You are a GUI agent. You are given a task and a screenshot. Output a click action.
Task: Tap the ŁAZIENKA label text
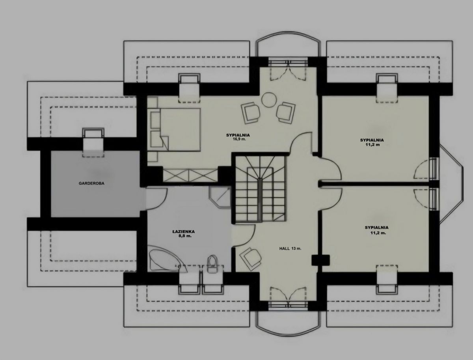(183, 232)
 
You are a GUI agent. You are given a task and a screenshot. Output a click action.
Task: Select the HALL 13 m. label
(290, 248)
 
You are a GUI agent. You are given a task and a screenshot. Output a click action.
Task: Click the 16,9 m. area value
(238, 139)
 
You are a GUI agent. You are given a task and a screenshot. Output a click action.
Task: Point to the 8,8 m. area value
(183, 236)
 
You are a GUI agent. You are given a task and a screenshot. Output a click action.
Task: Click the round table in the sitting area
(269, 100)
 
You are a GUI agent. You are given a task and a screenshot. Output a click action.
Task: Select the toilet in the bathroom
(212, 263)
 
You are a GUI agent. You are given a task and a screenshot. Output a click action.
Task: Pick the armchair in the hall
(251, 259)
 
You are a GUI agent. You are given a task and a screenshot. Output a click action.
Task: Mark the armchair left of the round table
(250, 113)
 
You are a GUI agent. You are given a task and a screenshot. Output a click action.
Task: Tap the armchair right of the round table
(285, 112)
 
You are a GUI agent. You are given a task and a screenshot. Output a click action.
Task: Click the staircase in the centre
(261, 188)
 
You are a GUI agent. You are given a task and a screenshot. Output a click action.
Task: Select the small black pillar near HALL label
(320, 260)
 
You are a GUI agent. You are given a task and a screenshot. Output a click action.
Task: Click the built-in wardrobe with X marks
(190, 175)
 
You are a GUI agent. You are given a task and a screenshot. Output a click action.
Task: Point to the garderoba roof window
(93, 142)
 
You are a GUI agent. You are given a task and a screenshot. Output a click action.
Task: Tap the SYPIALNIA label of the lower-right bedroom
(377, 228)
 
